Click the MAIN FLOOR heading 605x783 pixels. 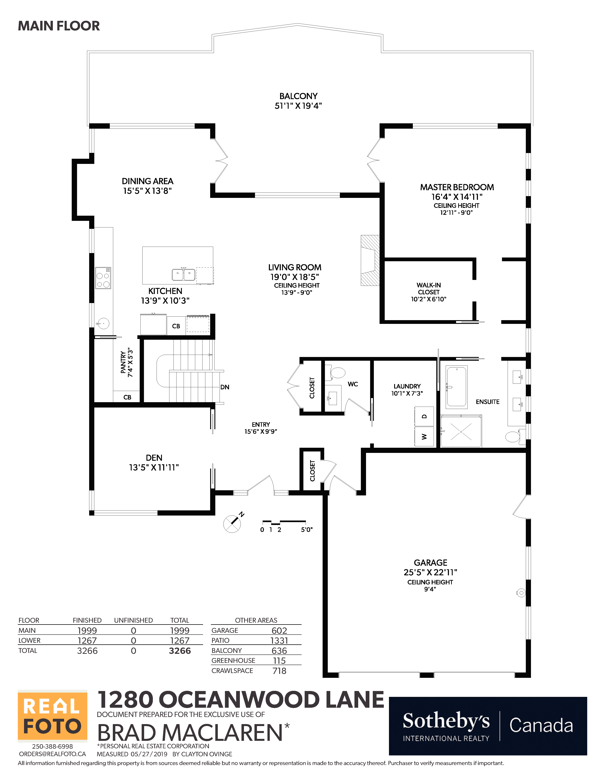tap(59, 26)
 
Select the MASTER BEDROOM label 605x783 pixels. tap(457, 187)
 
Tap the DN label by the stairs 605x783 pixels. tap(225, 387)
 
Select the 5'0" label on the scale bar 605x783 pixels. tap(307, 530)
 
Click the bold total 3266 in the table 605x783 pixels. tap(180, 651)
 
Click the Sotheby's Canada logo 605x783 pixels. tap(488, 726)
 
